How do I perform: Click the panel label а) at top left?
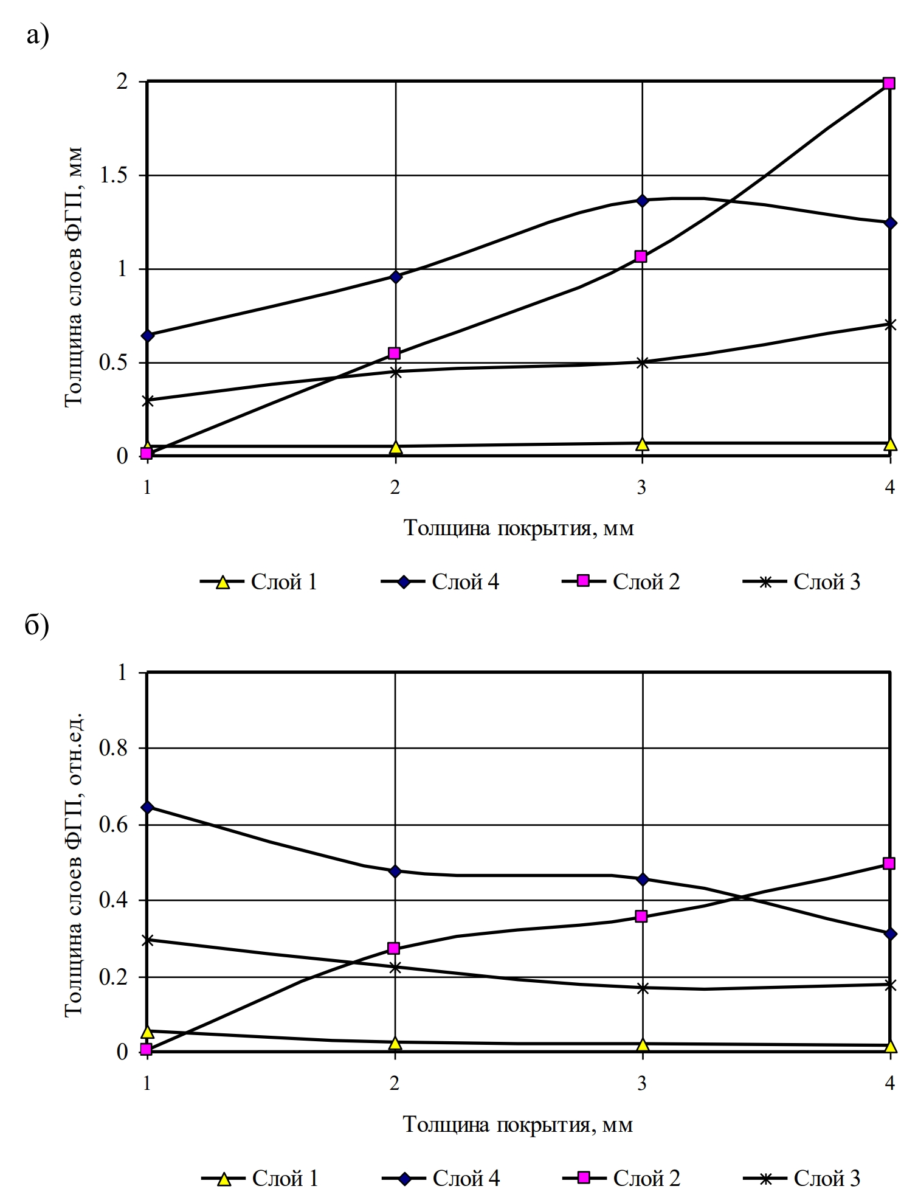tap(37, 36)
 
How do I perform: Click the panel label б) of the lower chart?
tap(37, 626)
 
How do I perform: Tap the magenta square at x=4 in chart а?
tap(889, 83)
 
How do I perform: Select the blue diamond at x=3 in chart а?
tap(642, 201)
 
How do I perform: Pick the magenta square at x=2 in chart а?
tap(394, 353)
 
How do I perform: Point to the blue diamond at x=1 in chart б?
tap(147, 807)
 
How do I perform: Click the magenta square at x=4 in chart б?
tap(889, 863)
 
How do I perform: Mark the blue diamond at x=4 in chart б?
tap(890, 934)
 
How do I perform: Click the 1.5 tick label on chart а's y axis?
tap(114, 176)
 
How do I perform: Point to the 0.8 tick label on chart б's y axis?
tap(114, 748)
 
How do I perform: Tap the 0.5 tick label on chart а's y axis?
tap(114, 363)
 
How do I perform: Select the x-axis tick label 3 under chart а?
tap(642, 488)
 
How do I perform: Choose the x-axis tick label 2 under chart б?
tap(395, 1083)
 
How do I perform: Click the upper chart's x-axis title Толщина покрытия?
tap(519, 528)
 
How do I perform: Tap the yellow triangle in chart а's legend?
tap(223, 582)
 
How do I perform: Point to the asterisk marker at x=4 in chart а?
tap(890, 325)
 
